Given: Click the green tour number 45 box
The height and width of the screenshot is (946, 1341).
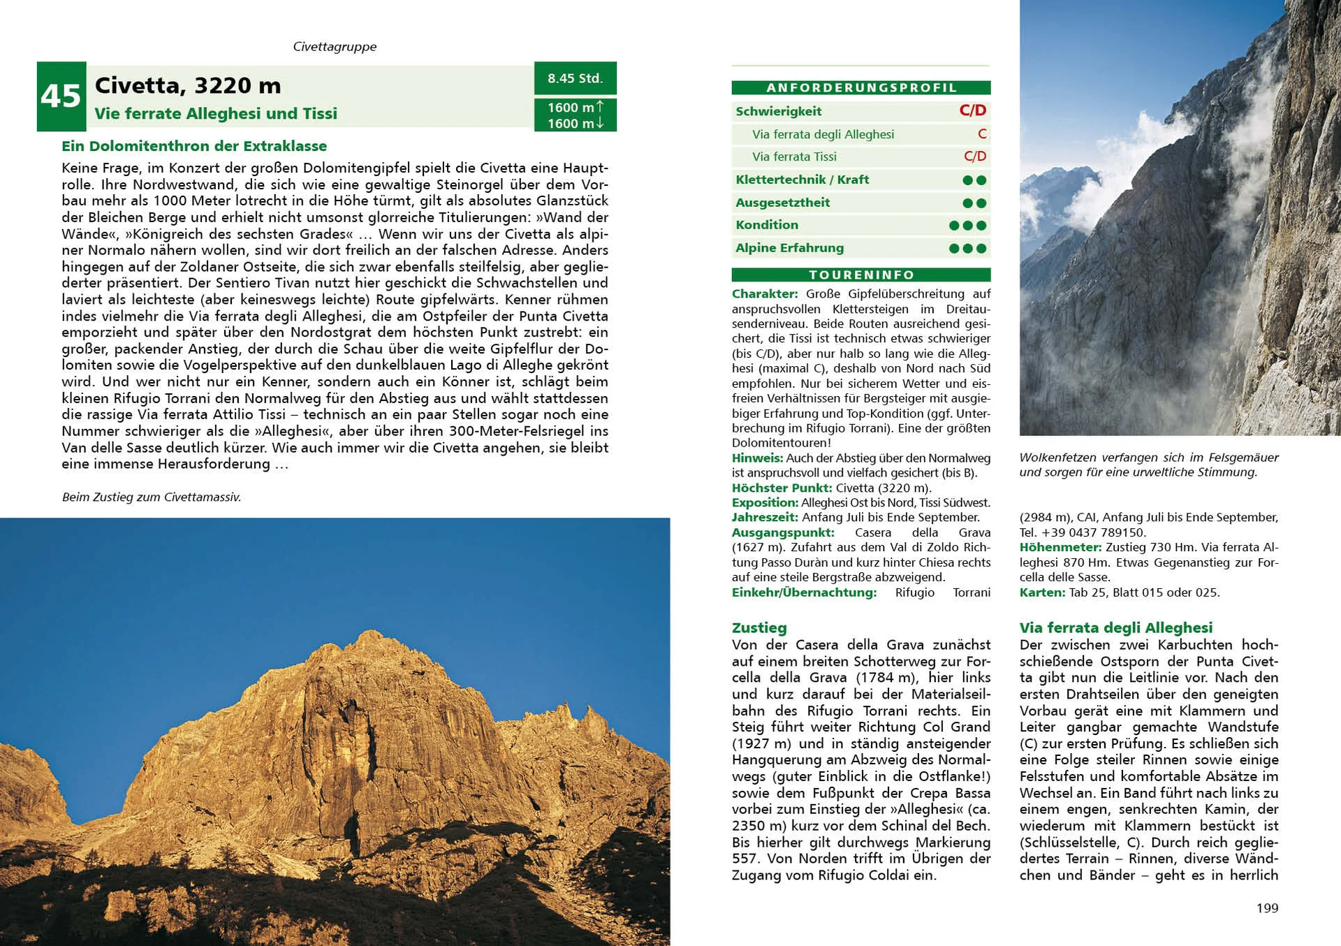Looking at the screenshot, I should [61, 96].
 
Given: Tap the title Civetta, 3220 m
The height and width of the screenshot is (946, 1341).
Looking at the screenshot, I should [188, 85].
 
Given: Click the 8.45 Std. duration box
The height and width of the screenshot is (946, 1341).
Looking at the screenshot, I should [575, 78].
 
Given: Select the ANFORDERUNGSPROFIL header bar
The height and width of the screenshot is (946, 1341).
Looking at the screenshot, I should [860, 88].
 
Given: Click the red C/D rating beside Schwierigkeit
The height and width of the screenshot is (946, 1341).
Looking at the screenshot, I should [972, 110].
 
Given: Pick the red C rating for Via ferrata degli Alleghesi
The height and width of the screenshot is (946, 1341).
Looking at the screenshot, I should [981, 133].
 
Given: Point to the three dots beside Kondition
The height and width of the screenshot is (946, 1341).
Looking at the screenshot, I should [967, 226].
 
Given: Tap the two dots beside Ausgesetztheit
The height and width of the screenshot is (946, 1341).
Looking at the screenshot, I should [974, 203].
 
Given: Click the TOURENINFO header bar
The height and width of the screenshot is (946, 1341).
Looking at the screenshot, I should [860, 275].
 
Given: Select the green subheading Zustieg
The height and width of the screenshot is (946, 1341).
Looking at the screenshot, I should [759, 627].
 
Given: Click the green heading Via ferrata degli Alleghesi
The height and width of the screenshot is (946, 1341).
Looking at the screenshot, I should [1115, 627].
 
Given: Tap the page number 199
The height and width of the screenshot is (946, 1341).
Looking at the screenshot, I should [1267, 908].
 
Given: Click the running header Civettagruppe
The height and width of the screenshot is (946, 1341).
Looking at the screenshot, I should [335, 47].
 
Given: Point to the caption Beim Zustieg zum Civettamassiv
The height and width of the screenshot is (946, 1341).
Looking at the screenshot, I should [152, 497].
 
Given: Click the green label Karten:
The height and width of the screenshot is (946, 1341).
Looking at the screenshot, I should [1042, 592].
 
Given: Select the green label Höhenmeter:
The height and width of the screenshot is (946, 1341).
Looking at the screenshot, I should [1060, 547].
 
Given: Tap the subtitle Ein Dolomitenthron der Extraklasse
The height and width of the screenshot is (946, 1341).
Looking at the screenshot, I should [194, 146].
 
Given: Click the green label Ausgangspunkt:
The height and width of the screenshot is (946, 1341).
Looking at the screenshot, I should [783, 532].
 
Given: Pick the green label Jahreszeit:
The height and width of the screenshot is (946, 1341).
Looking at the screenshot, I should [765, 517].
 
